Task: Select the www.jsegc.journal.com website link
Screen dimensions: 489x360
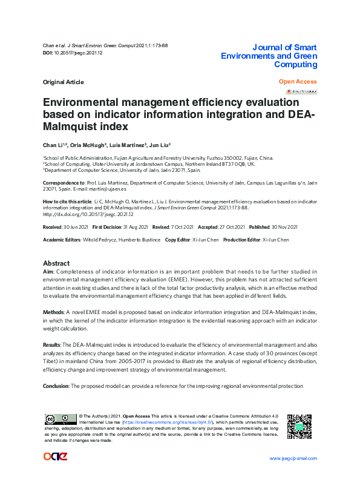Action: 293,458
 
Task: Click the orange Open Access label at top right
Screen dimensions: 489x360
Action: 298,82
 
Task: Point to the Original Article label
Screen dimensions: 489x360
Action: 64,82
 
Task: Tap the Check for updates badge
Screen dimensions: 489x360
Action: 301,91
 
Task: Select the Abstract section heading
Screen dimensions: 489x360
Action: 56,264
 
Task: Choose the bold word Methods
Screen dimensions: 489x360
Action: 53,312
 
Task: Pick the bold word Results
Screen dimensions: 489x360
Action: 52,344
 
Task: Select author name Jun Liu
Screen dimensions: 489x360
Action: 160,145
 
